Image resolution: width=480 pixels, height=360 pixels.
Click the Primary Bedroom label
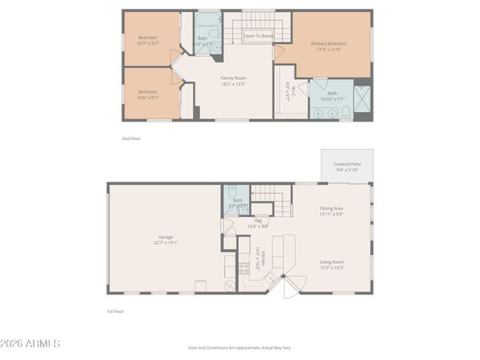pyautogui.click(x=329, y=45)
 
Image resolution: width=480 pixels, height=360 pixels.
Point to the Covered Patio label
pyautogui.click(x=346, y=164)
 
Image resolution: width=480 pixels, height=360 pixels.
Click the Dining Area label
pyautogui.click(x=331, y=210)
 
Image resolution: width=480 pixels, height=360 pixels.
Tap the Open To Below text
pyautogui.click(x=258, y=35)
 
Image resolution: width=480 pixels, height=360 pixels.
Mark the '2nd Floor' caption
pyautogui.click(x=130, y=138)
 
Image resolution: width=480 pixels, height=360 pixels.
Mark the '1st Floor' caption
pyautogui.click(x=116, y=311)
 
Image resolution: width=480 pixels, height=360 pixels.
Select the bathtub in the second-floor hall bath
pyautogui.click(x=206, y=19)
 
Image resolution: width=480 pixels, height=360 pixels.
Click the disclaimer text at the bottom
pyautogui.click(x=239, y=349)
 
